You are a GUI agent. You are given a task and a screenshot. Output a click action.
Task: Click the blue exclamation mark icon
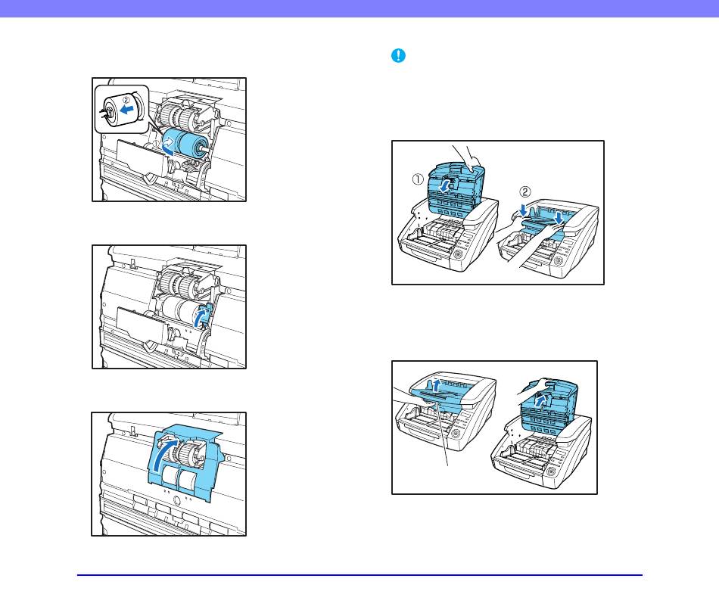(398, 55)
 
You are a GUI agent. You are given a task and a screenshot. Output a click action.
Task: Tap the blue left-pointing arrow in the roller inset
(126, 109)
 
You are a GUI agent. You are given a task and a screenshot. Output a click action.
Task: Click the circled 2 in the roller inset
(126, 98)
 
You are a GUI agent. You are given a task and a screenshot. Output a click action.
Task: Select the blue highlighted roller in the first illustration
(186, 143)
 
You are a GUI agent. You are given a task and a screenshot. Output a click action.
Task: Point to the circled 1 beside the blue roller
(156, 144)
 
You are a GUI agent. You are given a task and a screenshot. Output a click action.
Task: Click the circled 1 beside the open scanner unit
(417, 179)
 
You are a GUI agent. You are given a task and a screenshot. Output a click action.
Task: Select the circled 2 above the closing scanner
(525, 191)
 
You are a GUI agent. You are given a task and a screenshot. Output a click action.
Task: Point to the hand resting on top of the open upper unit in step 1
(468, 159)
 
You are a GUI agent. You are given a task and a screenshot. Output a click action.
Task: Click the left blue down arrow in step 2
(523, 210)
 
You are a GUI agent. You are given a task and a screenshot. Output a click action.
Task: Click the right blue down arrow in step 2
(558, 217)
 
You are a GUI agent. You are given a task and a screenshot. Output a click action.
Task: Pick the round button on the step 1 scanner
(458, 254)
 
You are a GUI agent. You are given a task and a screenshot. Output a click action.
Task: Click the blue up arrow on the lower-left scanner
(437, 384)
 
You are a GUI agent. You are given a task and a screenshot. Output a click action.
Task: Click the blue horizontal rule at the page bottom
(359, 574)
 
